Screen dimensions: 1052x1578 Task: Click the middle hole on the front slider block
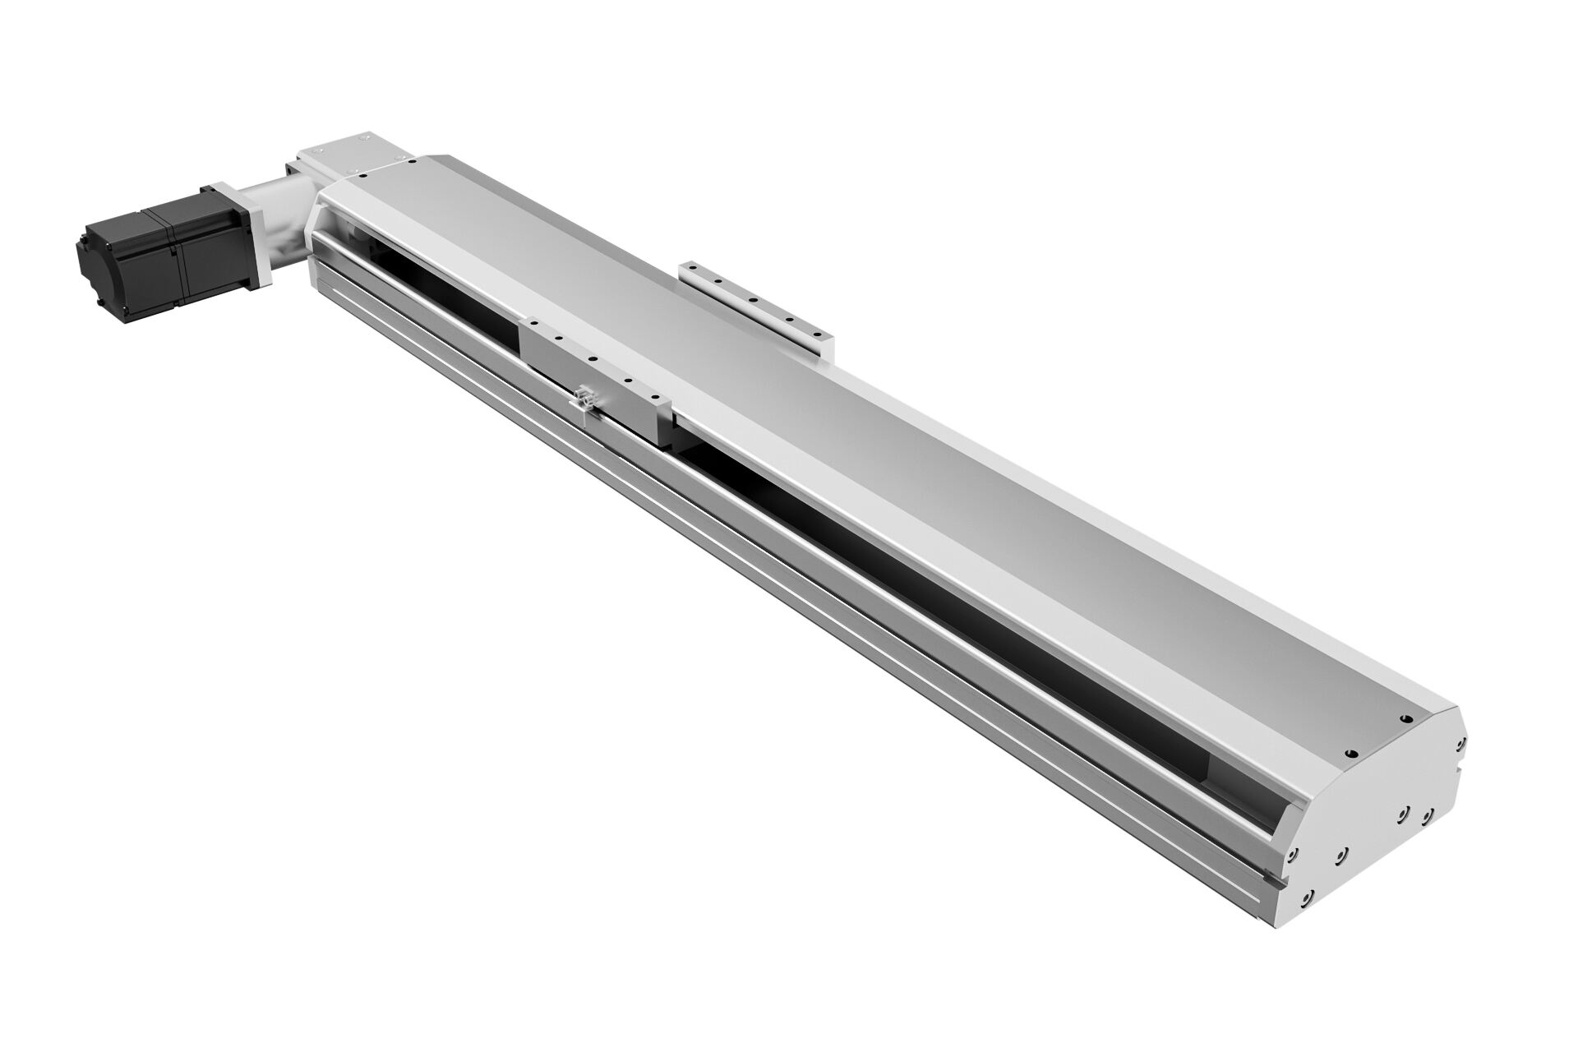click(592, 358)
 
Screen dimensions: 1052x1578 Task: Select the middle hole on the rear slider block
click(753, 300)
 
